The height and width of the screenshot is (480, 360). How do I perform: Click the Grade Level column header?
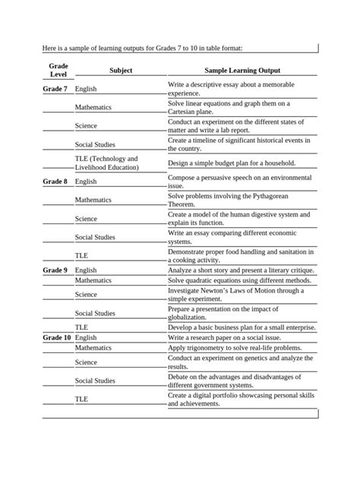58,70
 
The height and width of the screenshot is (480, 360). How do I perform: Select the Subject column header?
120,70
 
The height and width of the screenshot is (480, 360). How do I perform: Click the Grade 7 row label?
55,90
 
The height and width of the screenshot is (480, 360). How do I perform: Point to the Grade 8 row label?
55,182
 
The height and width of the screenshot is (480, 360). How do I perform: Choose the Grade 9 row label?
55,270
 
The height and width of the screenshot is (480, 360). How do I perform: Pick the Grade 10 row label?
57,337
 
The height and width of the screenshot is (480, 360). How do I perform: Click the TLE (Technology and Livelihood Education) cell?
106,163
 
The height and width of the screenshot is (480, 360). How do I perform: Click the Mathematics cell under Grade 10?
93,347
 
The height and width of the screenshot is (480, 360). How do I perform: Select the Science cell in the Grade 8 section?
86,219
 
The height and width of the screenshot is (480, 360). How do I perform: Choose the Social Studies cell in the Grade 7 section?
95,144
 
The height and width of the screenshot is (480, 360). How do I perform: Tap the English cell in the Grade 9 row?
86,270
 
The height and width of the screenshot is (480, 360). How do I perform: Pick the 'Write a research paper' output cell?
227,337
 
